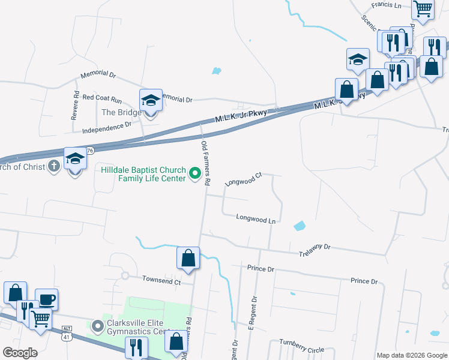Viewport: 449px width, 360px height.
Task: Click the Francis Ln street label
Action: (x=386, y=5)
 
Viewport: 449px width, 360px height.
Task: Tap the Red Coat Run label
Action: (x=102, y=97)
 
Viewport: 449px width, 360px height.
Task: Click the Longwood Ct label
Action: (x=244, y=179)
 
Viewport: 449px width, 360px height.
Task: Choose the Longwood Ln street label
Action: (x=255, y=220)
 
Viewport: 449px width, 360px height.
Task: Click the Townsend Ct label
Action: (x=161, y=280)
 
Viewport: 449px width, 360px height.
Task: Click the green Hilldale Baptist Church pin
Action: (x=195, y=174)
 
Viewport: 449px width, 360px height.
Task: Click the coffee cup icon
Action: (x=46, y=299)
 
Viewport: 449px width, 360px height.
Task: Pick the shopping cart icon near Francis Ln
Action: (x=423, y=9)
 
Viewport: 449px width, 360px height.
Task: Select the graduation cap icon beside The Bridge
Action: (x=151, y=100)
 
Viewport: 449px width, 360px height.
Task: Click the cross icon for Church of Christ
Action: (x=54, y=166)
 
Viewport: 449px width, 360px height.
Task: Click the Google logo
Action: (x=20, y=353)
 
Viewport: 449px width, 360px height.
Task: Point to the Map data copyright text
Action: (x=411, y=355)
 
